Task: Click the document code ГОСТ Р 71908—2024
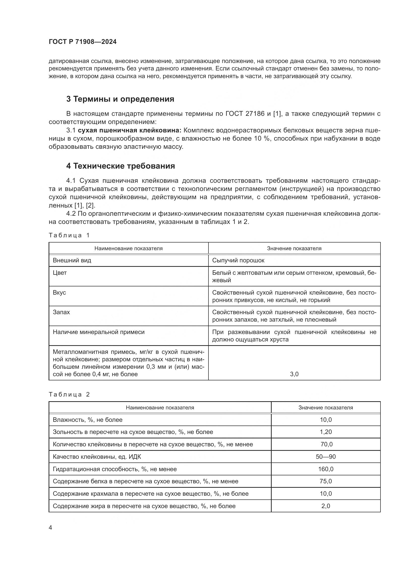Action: pyautogui.click(x=83, y=42)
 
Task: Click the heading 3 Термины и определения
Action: pyautogui.click(x=120, y=99)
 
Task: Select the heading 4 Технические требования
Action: pyautogui.click(x=120, y=166)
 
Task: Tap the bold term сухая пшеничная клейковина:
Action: pyautogui.click(x=129, y=130)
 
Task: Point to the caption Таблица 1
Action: pyautogui.click(x=69, y=235)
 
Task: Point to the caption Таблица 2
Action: pyautogui.click(x=69, y=395)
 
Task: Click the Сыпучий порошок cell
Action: pyautogui.click(x=238, y=260)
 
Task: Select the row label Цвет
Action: pyautogui.click(x=59, y=273)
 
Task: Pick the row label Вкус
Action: pyautogui.click(x=59, y=293)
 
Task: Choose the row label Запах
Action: pyautogui.click(x=61, y=312)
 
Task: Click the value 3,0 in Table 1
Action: pyautogui.click(x=294, y=374)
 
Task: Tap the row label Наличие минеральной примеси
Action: pyautogui.click(x=98, y=332)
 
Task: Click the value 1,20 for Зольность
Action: pyautogui.click(x=326, y=432)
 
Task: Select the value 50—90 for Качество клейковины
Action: pyautogui.click(x=326, y=457)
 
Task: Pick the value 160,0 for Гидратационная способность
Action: pyautogui.click(x=326, y=469)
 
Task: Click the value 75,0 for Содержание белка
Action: pyautogui.click(x=326, y=482)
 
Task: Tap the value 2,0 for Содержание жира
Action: pyautogui.click(x=326, y=506)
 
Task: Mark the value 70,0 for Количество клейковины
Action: pyautogui.click(x=326, y=444)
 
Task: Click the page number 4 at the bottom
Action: pyautogui.click(x=51, y=528)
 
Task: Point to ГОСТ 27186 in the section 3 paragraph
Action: pyautogui.click(x=244, y=114)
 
